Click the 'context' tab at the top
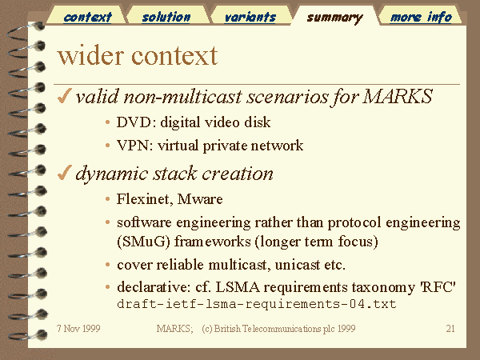tap(87, 17)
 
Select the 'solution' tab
tap(166, 17)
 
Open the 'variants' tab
tap(250, 17)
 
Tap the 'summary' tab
tap(334, 18)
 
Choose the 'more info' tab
tap(421, 17)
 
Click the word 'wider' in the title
tap(91, 56)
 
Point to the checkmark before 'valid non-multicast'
tap(64, 96)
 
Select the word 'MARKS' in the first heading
tap(398, 96)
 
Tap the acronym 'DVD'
tap(134, 122)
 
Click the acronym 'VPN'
tap(134, 146)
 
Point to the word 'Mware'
tap(200, 199)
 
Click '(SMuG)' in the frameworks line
tap(143, 242)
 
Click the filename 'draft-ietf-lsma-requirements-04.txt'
tap(257, 304)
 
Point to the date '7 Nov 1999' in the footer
tap(78, 329)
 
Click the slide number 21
tap(450, 329)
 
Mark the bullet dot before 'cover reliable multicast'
tap(107, 265)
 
